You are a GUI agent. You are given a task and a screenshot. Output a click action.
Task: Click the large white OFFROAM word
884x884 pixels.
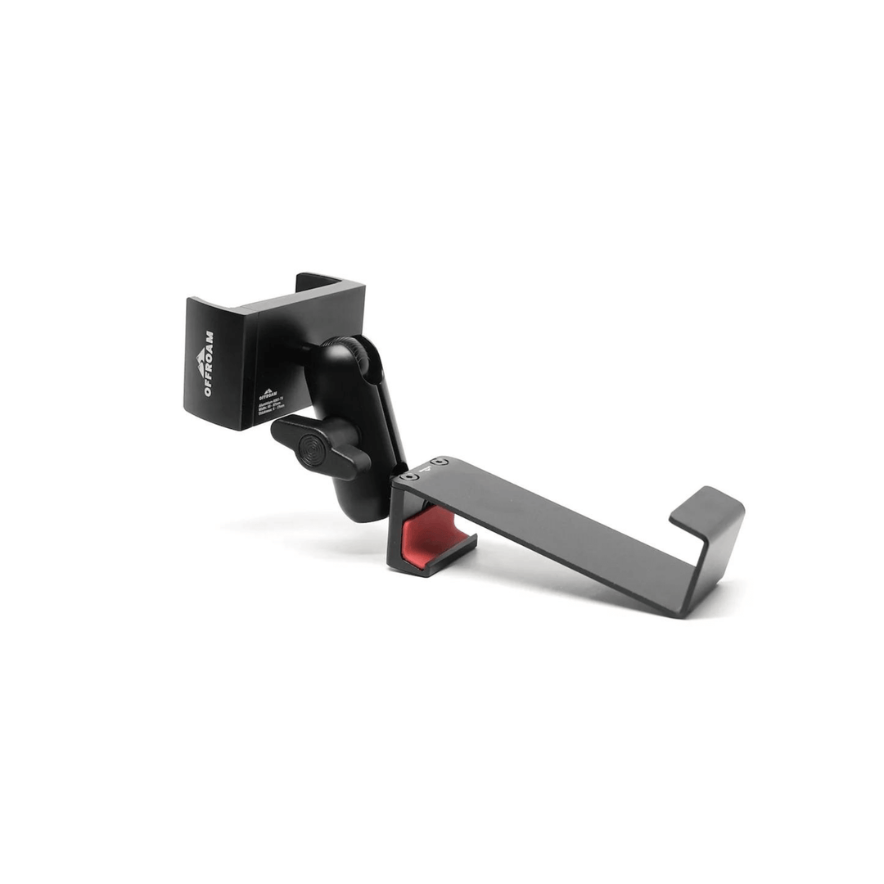(208, 365)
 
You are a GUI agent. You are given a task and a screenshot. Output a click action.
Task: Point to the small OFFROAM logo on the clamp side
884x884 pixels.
(268, 395)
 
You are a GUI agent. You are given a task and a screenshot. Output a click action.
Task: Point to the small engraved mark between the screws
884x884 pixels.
(427, 470)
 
